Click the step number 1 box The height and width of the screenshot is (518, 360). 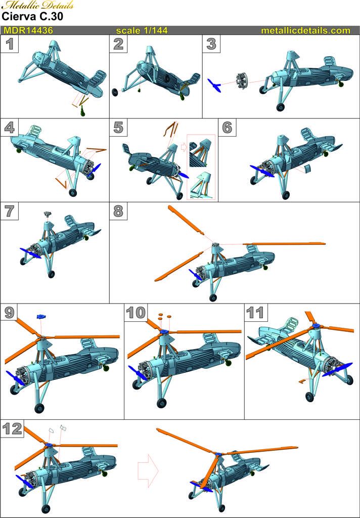pos(10,44)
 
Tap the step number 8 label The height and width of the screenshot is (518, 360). pos(119,211)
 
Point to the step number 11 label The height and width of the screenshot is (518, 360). pos(256,313)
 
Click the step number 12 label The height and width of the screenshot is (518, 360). pos(12,428)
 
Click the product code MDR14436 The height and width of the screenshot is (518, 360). pos(28,30)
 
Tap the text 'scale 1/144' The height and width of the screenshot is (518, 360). pos(142,30)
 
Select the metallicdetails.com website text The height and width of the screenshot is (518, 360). pos(305,30)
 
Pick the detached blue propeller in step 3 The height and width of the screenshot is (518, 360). pos(214,85)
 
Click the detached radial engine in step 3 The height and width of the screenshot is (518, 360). pos(242,79)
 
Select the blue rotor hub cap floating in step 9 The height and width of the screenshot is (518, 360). pos(41,317)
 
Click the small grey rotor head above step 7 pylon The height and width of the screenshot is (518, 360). pos(48,214)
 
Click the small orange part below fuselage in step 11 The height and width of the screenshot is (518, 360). pos(301,381)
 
